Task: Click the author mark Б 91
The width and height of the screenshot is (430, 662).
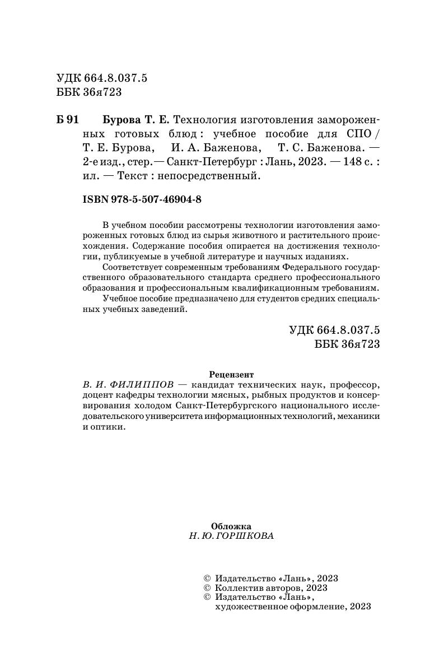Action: click(x=71, y=120)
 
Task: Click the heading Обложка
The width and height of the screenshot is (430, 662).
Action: click(x=231, y=526)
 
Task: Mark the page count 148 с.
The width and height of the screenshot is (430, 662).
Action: click(x=355, y=162)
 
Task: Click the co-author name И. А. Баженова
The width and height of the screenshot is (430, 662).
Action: click(x=214, y=148)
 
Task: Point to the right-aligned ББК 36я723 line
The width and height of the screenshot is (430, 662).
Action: click(x=348, y=344)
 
